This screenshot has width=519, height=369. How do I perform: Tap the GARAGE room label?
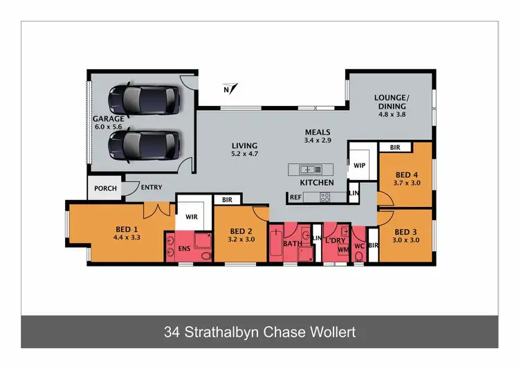coord(108,118)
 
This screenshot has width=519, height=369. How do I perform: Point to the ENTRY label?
coord(152,188)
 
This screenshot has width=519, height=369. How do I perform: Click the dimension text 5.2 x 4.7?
coord(244,155)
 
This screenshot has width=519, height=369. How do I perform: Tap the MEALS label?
coord(318,132)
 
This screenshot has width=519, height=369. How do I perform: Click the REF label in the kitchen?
coord(295,197)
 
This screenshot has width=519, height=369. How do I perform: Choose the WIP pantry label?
coord(359,166)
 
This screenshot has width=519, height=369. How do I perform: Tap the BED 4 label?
coord(405,175)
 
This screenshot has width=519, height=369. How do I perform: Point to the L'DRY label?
coord(336,240)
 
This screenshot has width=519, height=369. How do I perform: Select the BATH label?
coord(291,244)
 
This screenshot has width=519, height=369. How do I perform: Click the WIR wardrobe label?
coord(191,217)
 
